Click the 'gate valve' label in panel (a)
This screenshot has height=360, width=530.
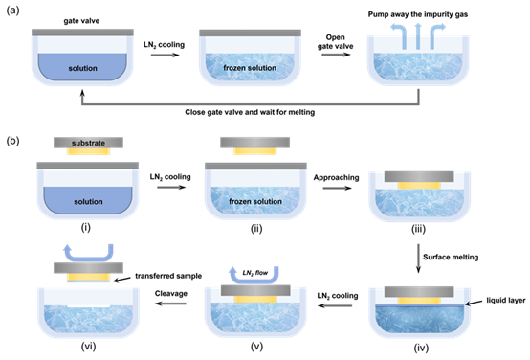[81, 21]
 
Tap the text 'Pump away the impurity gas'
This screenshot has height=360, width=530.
[418, 14]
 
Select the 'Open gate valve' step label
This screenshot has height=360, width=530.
[335, 41]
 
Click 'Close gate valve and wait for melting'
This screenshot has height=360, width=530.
[250, 112]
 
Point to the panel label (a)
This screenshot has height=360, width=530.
[12, 11]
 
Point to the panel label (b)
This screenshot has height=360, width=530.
[12, 141]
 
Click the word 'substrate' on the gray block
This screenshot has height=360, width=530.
[88, 143]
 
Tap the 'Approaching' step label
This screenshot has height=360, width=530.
[336, 178]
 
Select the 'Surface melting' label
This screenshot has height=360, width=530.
[451, 258]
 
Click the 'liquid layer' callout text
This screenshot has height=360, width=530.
[506, 300]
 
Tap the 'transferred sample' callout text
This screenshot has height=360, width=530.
[168, 276]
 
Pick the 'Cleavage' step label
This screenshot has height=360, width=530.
[171, 293]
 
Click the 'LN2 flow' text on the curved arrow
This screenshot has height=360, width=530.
[255, 272]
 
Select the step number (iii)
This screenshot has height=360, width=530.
[418, 229]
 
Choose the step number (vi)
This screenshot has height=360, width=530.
[88, 347]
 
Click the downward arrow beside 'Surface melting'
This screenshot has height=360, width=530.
[418, 259]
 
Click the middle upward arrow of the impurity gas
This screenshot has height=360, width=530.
[418, 36]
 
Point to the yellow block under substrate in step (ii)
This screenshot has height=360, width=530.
[255, 151]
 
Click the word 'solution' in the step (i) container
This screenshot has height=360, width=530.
[88, 202]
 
